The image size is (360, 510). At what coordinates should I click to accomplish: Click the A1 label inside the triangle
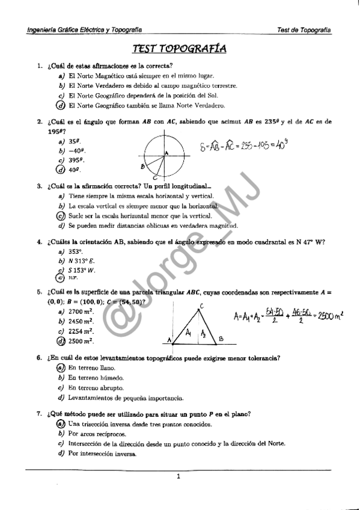tap(188, 332)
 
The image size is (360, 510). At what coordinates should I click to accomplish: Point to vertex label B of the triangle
tap(221, 339)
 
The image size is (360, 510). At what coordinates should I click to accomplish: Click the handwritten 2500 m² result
tap(328, 315)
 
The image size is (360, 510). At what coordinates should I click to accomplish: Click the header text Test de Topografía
tap(305, 29)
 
